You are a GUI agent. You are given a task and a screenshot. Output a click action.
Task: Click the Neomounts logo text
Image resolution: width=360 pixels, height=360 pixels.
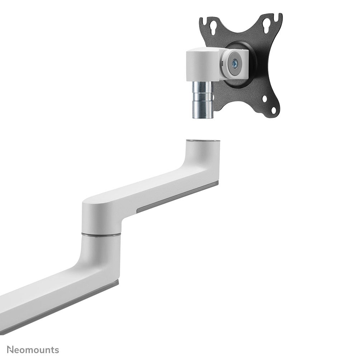[33, 350]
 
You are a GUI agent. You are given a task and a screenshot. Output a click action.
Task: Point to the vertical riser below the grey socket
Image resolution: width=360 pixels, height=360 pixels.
[202, 160]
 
